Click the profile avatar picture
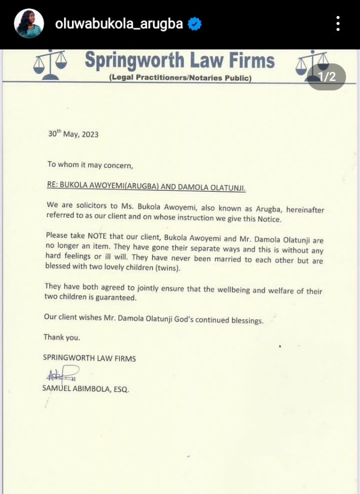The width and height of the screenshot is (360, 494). pyautogui.click(x=29, y=23)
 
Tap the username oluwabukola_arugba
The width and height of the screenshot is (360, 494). pyautogui.click(x=119, y=24)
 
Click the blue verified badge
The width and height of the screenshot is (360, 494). pyautogui.click(x=195, y=24)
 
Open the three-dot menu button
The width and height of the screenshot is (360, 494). pyautogui.click(x=338, y=23)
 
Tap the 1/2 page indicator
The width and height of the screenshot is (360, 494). pyautogui.click(x=326, y=77)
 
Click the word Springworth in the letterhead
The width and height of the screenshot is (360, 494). pyautogui.click(x=138, y=61)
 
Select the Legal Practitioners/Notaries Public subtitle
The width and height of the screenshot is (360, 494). pyautogui.click(x=180, y=78)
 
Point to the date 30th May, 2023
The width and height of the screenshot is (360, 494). pyautogui.click(x=73, y=134)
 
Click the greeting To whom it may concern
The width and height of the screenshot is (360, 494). pyautogui.click(x=90, y=165)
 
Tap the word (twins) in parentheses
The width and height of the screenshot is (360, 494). pyautogui.click(x=167, y=269)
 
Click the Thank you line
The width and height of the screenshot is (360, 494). pyautogui.click(x=61, y=337)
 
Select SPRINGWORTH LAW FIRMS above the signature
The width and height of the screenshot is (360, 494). pyautogui.click(x=89, y=359)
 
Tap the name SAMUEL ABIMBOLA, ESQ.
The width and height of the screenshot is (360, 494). pyautogui.click(x=85, y=388)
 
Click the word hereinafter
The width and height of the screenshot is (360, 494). pyautogui.click(x=300, y=210)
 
